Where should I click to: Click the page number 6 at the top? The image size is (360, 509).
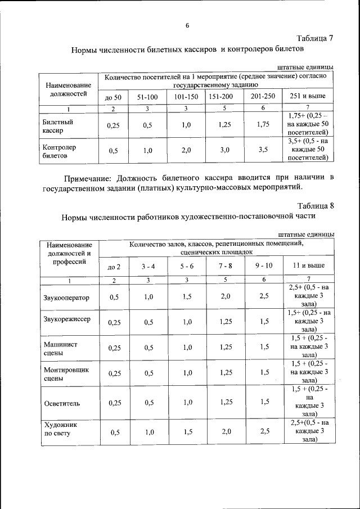187,25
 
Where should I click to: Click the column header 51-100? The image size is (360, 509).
147,97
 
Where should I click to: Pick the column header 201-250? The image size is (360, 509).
263,96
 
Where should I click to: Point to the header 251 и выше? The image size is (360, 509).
307,97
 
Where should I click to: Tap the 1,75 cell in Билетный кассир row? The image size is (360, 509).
263,125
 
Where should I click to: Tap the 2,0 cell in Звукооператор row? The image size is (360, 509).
225,296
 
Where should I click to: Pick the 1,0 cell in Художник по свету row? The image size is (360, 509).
148,432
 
